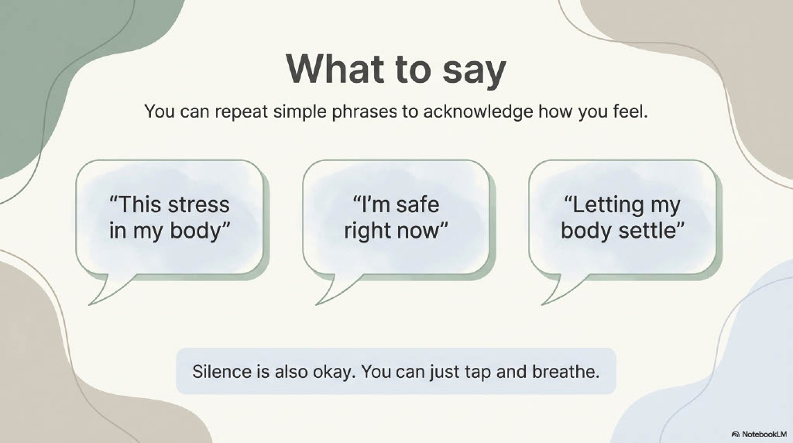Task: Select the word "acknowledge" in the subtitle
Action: (x=478, y=112)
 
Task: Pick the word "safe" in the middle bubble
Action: (x=417, y=204)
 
